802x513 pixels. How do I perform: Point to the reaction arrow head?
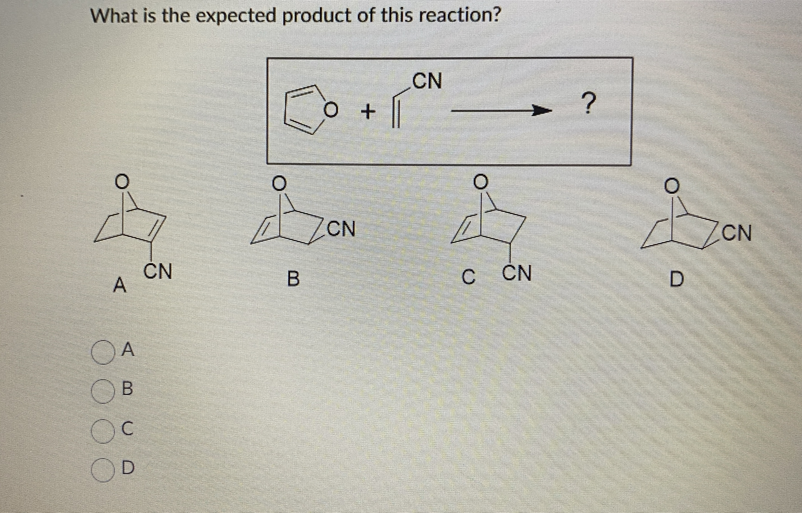coord(541,110)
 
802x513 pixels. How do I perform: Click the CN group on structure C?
coord(516,274)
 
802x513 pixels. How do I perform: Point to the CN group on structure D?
coord(737,232)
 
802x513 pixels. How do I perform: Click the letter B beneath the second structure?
coord(293,279)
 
